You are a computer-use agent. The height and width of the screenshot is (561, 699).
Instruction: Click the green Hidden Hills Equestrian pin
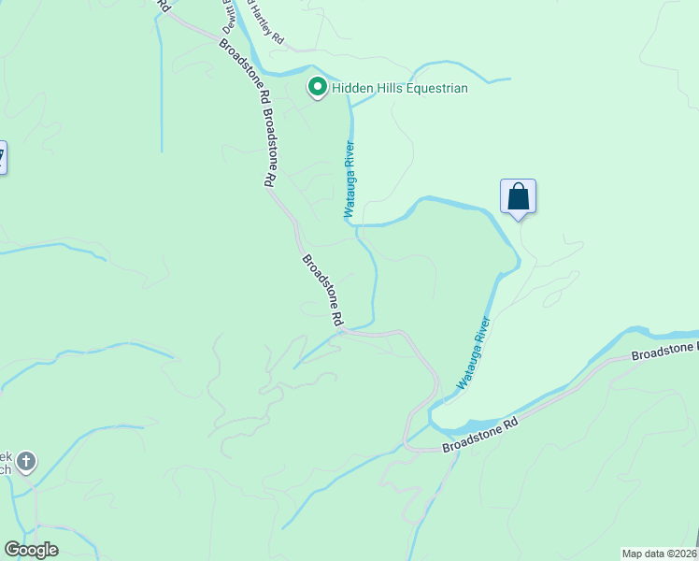[x=317, y=88]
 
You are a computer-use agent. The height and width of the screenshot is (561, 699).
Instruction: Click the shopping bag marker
[x=518, y=197]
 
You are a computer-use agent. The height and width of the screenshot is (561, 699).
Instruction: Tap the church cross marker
[x=26, y=461]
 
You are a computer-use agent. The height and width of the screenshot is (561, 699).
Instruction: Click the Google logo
[x=31, y=550]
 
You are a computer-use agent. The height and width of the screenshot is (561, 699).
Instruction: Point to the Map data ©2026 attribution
[x=660, y=553]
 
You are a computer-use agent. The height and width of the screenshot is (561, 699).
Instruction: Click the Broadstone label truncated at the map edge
[x=664, y=352]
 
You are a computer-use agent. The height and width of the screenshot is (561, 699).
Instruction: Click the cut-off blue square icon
[x=3, y=156]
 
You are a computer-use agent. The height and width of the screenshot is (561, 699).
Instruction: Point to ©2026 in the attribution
[x=678, y=553]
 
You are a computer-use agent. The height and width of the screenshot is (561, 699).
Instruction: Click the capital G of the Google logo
[x=12, y=549]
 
